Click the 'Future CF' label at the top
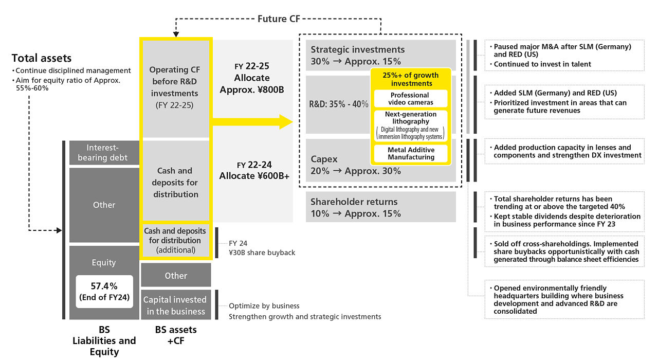279,19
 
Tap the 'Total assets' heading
42,58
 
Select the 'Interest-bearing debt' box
104,153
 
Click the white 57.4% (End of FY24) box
104,292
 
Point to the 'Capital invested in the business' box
176,305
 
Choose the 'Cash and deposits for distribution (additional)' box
176,240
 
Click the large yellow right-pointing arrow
252,122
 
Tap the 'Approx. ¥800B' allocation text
252,89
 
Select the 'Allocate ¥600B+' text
254,176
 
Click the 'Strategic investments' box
381,55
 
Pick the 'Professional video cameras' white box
411,99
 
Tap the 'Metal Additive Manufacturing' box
411,153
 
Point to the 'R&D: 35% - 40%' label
339,104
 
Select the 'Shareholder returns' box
381,207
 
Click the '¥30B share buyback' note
262,253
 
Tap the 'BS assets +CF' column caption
176,335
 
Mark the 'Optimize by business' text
264,306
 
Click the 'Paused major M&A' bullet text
562,50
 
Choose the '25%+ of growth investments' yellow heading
411,79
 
